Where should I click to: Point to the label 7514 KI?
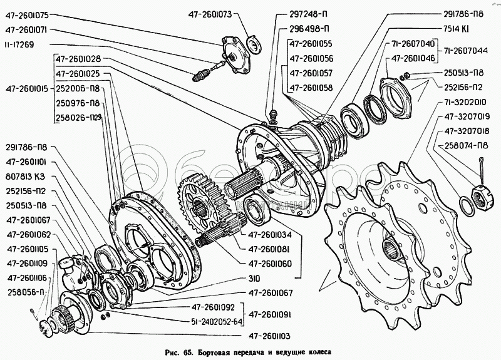457,29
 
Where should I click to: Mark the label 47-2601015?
27,89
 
